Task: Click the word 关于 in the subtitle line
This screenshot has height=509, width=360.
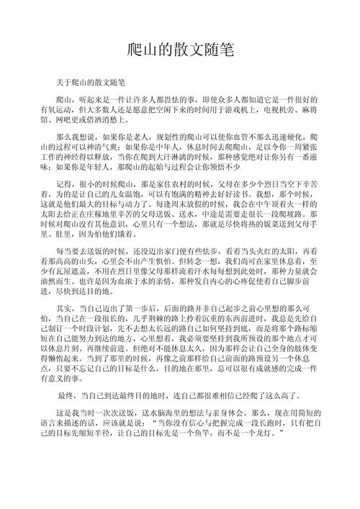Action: click(x=64, y=84)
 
